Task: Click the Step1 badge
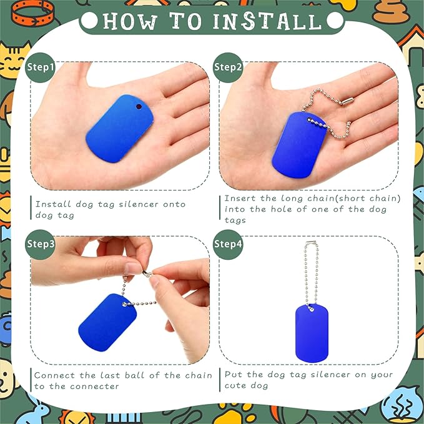click(x=40, y=67)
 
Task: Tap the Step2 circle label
click(x=228, y=67)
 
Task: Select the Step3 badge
click(x=40, y=244)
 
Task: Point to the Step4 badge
click(x=228, y=244)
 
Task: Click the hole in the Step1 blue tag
click(x=139, y=107)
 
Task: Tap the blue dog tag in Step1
click(x=120, y=129)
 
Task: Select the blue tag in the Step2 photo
click(x=300, y=145)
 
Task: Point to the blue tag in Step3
click(x=107, y=323)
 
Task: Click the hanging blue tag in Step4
click(x=312, y=333)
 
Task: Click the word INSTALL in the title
click(x=267, y=21)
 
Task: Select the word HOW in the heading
click(x=130, y=21)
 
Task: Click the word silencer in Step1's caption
click(x=139, y=204)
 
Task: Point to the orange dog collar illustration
click(x=33, y=13)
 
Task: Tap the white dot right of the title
click(x=335, y=21)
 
